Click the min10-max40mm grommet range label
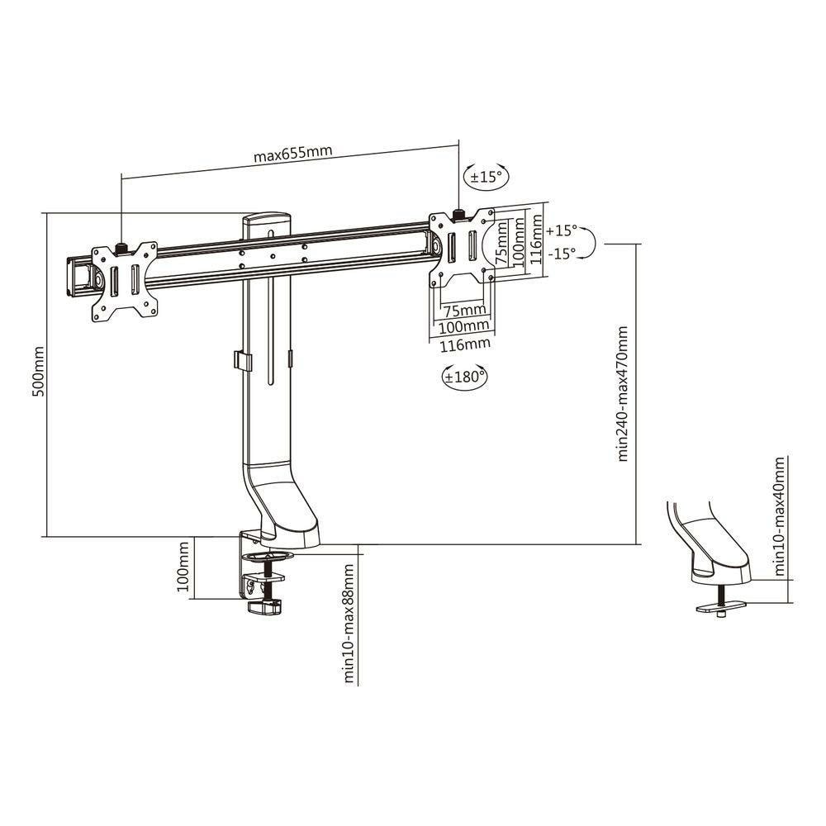779,518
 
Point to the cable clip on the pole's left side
239,361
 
